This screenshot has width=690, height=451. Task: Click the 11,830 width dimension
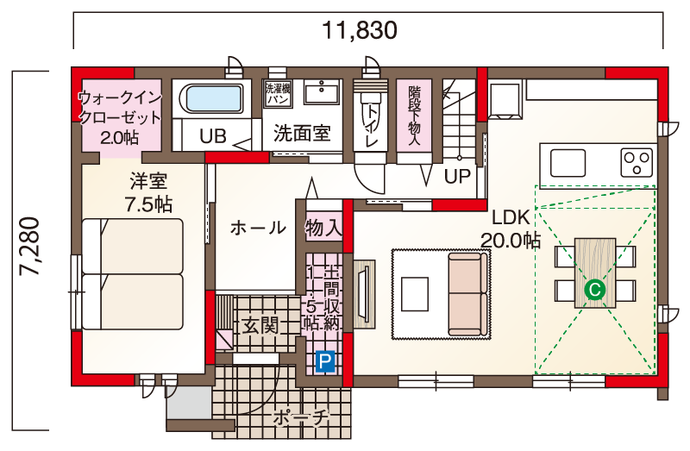click(360, 30)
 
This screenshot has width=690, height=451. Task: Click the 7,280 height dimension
click(29, 247)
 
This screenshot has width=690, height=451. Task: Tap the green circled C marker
click(594, 290)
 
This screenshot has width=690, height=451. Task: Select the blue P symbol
click(325, 362)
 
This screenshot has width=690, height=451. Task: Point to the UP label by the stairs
click(457, 177)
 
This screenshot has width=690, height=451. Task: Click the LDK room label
click(511, 217)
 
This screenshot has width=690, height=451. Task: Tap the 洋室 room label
click(148, 181)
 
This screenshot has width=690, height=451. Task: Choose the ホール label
click(258, 228)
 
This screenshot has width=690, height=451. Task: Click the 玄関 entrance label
click(260, 326)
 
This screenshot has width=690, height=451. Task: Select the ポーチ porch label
click(301, 418)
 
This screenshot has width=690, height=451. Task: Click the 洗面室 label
click(302, 133)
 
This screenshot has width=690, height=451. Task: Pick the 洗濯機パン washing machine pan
click(278, 94)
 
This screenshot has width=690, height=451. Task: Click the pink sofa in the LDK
click(468, 294)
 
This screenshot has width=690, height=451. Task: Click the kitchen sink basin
click(568, 163)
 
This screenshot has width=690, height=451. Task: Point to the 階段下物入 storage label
click(414, 116)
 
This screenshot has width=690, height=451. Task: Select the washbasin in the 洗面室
click(322, 91)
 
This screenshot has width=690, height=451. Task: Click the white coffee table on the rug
click(415, 294)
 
